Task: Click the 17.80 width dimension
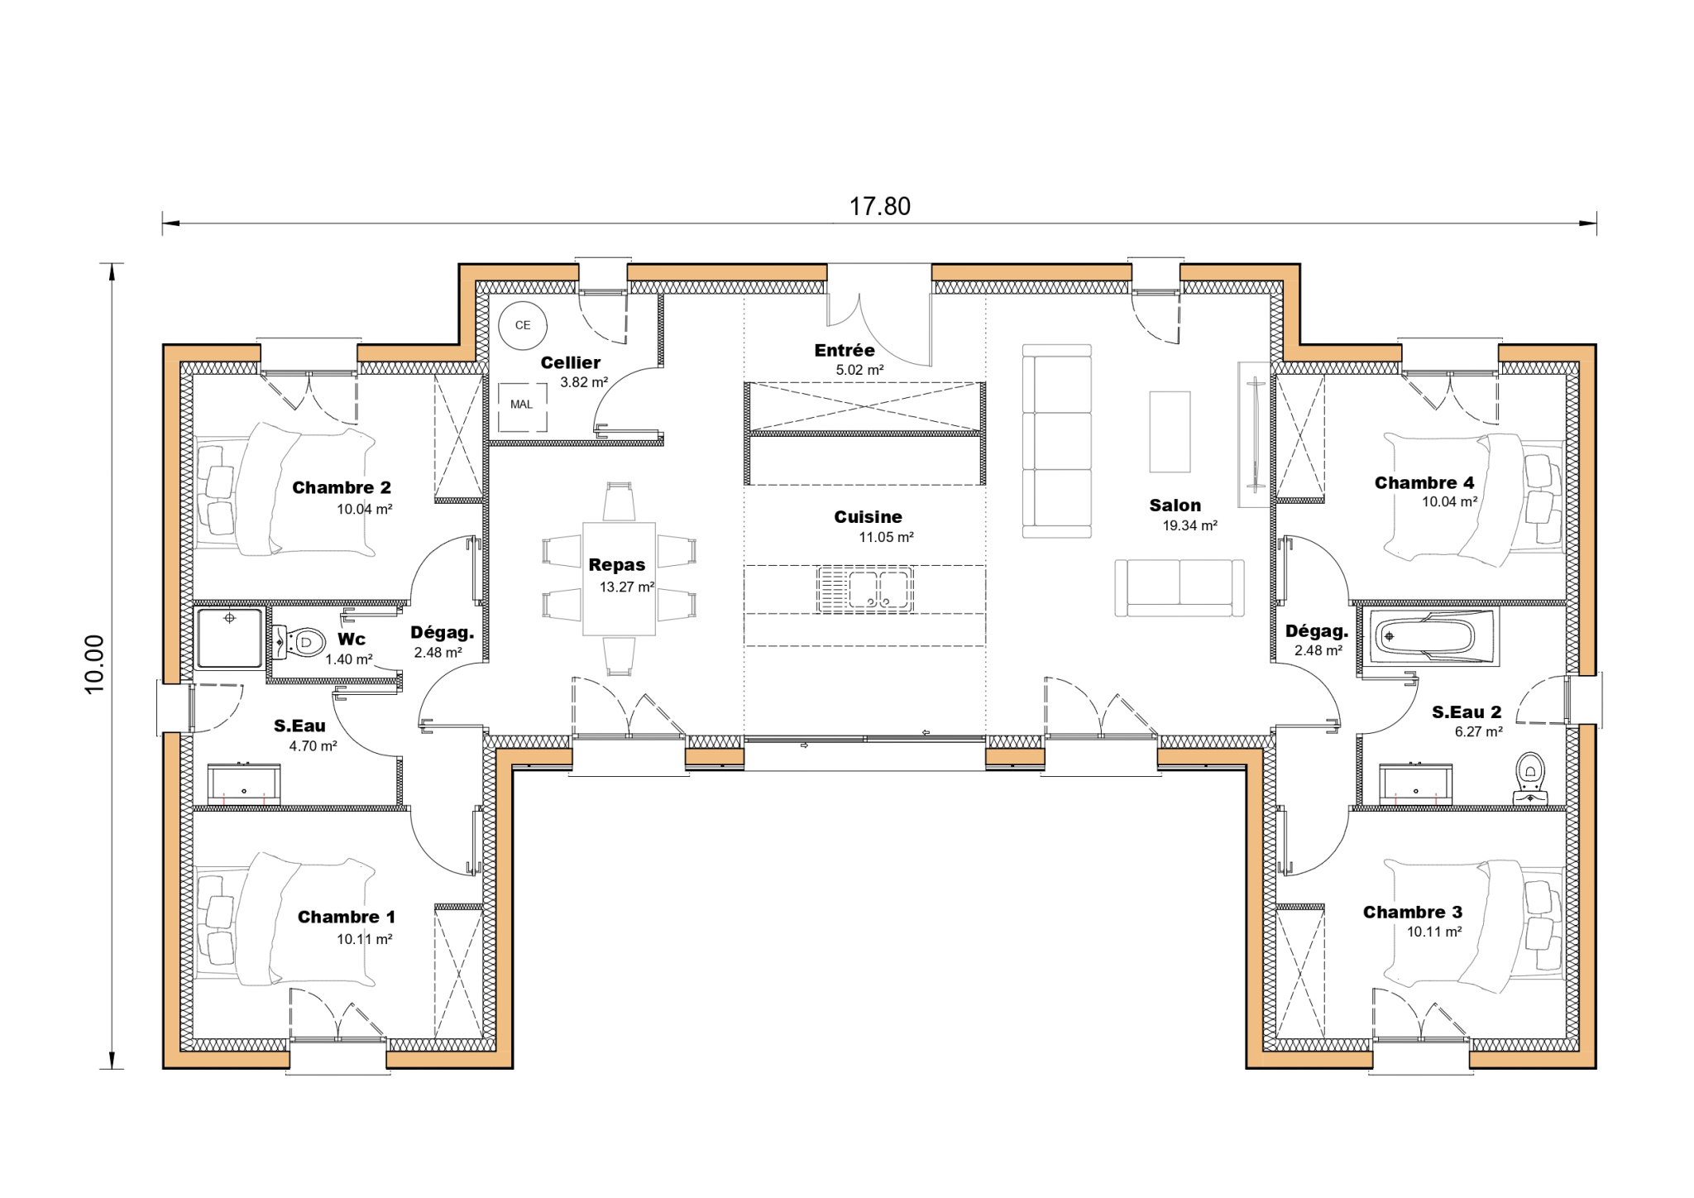[879, 206]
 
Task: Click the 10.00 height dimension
[94, 664]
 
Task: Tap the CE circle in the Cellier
[523, 325]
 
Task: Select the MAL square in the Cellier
[522, 405]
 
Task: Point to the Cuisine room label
[868, 517]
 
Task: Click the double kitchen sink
[864, 589]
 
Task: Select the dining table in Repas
[619, 578]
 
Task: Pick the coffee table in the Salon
[1170, 431]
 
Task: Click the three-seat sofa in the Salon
[1057, 441]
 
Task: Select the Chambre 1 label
[347, 917]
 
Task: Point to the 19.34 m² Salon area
[1190, 525]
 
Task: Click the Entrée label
[845, 351]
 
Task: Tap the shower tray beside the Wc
[230, 637]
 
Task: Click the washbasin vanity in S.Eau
[244, 784]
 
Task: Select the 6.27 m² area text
[1479, 731]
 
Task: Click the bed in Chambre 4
[1472, 499]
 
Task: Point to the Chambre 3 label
[1413, 912]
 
